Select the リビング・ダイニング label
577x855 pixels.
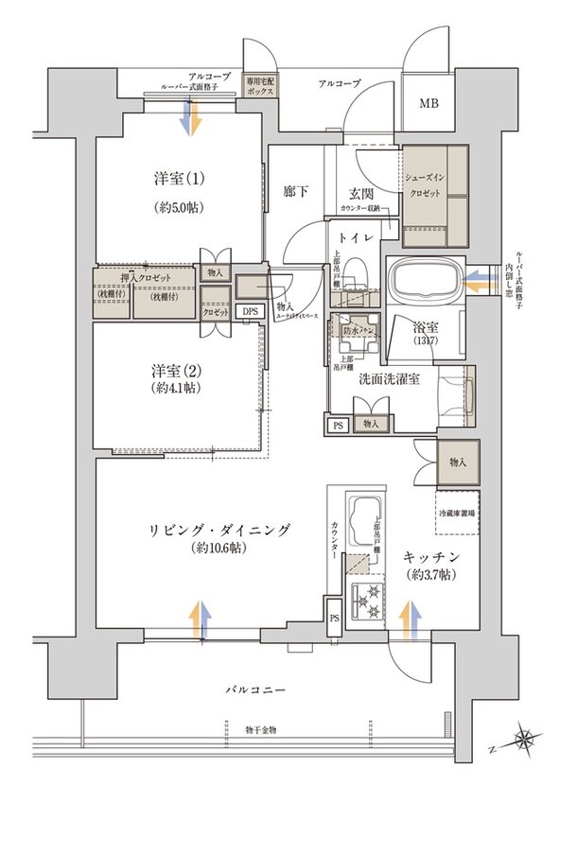[x=218, y=530]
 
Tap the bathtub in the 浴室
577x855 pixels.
[x=425, y=281]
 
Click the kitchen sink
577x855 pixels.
[x=362, y=517]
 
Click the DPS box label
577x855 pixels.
[x=249, y=311]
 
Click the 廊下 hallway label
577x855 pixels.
[x=296, y=191]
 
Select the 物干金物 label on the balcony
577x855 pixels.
[x=262, y=730]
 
